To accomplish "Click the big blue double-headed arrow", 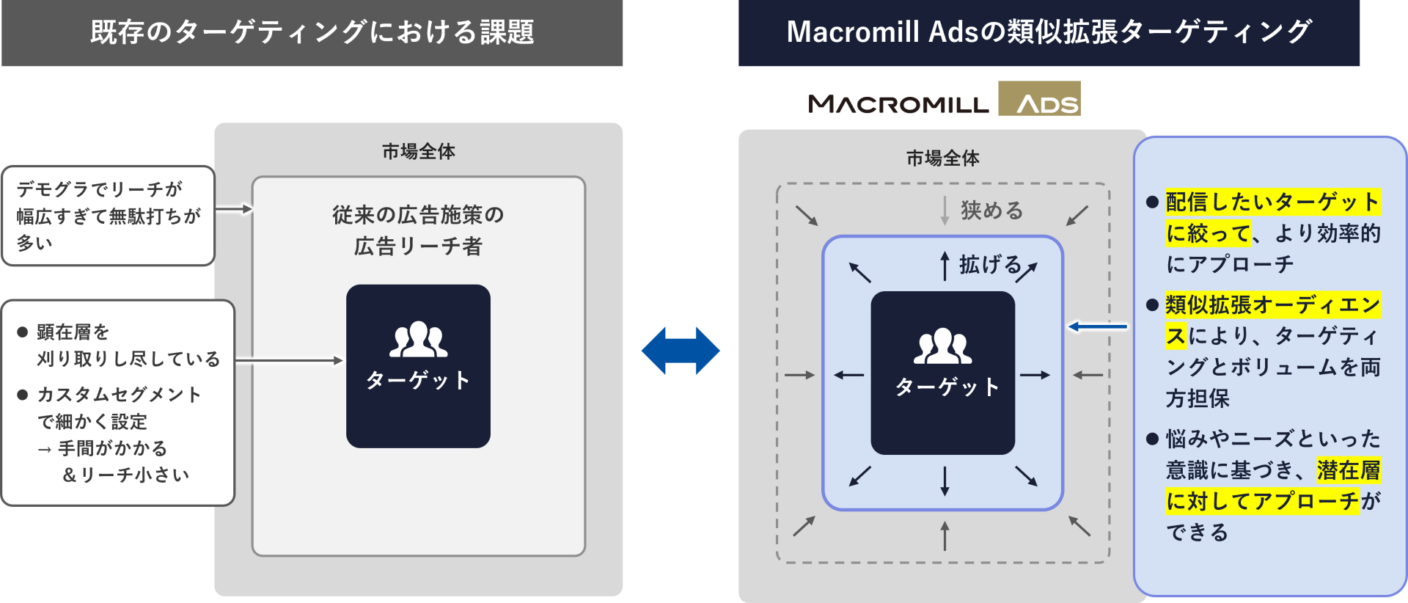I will tap(681, 351).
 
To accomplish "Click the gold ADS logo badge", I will tap(1040, 99).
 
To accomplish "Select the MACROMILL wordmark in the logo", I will tap(898, 104).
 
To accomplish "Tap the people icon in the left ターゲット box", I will tap(418, 340).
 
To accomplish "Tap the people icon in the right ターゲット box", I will tap(943, 346).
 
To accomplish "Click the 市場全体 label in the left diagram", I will tap(418, 152).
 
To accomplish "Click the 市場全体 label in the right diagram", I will tap(942, 158).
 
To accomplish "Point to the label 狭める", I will tap(991, 211).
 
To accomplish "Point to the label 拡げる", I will tap(990, 265).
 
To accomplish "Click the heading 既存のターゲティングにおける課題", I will tap(312, 32).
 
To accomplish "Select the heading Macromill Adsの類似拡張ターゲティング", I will tap(1049, 32).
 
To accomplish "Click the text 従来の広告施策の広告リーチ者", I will tap(418, 230).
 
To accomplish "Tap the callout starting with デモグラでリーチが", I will tap(108, 216).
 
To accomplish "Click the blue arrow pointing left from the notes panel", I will tap(1098, 326).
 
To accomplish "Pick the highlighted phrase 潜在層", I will tap(1349, 470).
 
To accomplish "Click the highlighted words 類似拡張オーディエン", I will tap(1273, 305).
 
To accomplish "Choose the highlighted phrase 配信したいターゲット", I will tap(1273, 202).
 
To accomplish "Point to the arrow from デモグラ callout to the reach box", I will tap(234, 209).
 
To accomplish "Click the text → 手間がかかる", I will tap(103, 448).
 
